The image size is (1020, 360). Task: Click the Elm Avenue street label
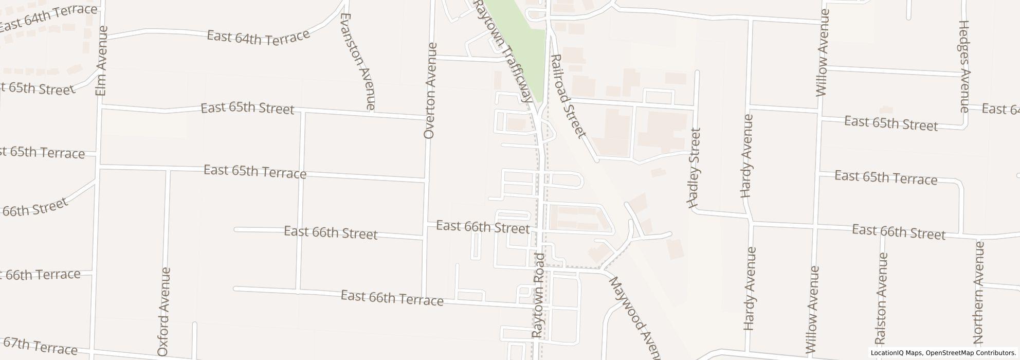(x=102, y=61)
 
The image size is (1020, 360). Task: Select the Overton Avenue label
(x=431, y=91)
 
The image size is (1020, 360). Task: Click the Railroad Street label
(x=568, y=96)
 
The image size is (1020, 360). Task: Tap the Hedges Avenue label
(x=964, y=66)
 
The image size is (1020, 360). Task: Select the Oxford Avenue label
(x=163, y=312)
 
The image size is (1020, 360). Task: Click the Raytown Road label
(x=538, y=295)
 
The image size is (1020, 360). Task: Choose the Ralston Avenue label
(x=882, y=298)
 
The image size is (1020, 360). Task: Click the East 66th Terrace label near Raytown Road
(x=392, y=298)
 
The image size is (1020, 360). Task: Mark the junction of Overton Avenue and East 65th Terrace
(x=426, y=180)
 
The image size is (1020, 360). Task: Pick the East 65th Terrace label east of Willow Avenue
(x=885, y=178)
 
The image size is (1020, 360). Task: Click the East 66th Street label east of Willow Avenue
(x=898, y=232)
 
